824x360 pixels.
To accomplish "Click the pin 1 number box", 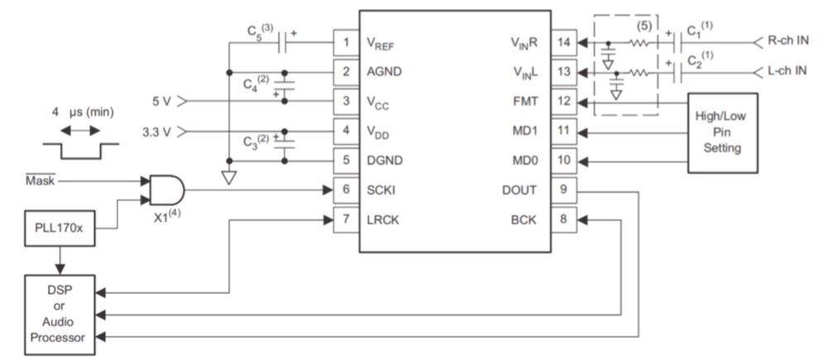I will [x=346, y=41].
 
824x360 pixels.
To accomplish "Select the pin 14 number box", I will [x=564, y=41].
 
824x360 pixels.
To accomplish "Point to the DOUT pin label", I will [x=520, y=190].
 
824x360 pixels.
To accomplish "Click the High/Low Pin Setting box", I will [x=723, y=132].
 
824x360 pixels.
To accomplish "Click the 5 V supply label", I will [x=162, y=101].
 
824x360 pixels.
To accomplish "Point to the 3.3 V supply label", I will [x=158, y=131].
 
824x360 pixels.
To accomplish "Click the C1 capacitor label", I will [x=698, y=31].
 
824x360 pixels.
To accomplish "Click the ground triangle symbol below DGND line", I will [x=229, y=176].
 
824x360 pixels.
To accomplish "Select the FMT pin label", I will [x=526, y=101].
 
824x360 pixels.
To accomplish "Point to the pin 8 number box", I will [x=564, y=220].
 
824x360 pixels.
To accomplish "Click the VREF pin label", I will [x=381, y=41].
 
